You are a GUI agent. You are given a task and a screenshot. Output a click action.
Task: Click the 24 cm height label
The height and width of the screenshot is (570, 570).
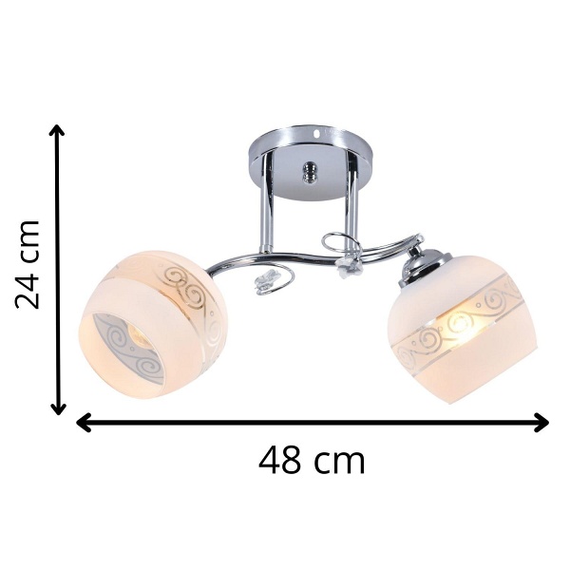[28, 264]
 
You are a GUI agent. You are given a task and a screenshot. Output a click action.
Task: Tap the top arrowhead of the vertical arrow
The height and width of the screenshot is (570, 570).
[57, 130]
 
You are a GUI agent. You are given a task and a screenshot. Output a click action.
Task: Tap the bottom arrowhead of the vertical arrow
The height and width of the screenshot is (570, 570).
[57, 408]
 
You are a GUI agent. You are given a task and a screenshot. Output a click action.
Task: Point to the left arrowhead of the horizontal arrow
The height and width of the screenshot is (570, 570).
[84, 423]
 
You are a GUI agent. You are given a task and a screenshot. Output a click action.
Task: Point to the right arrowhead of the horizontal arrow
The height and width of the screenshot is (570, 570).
[541, 423]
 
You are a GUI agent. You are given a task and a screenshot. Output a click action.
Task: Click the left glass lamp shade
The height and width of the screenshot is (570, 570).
[153, 325]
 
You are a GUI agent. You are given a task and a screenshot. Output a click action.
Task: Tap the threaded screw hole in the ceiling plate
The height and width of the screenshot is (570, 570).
[309, 172]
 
